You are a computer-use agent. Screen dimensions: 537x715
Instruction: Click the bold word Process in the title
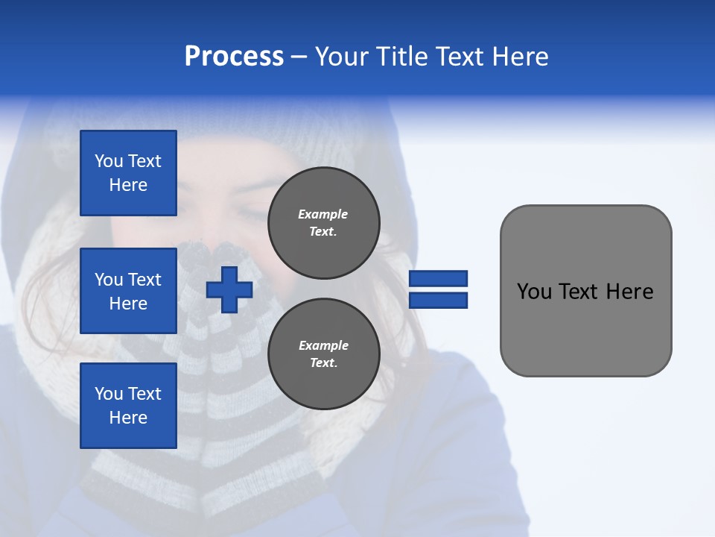pyautogui.click(x=234, y=57)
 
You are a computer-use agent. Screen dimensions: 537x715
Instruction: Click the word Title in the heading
pyautogui.click(x=404, y=57)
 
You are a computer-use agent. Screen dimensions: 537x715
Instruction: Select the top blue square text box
pyautogui.click(x=128, y=173)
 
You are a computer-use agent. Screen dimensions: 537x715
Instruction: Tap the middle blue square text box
pyautogui.click(x=128, y=291)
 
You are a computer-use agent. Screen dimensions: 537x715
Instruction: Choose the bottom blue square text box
pyautogui.click(x=128, y=406)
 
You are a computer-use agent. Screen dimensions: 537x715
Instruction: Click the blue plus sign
pyautogui.click(x=229, y=289)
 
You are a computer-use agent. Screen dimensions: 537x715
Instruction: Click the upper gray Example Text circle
pyautogui.click(x=323, y=223)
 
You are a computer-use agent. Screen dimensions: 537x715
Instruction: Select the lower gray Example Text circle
pyautogui.click(x=323, y=354)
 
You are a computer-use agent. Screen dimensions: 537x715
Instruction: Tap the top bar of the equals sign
pyautogui.click(x=439, y=279)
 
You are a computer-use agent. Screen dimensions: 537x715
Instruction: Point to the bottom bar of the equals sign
pyautogui.click(x=439, y=301)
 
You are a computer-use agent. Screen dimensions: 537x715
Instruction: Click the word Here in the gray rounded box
pyautogui.click(x=629, y=292)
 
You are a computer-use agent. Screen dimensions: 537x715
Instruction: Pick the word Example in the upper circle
pyautogui.click(x=323, y=214)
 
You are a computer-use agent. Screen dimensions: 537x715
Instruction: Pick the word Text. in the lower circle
pyautogui.click(x=323, y=363)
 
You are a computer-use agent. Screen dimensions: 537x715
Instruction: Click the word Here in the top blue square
pyautogui.click(x=128, y=185)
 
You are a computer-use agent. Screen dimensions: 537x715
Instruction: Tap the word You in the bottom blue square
pyautogui.click(x=109, y=394)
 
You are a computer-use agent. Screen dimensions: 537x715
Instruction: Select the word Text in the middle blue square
pyautogui.click(x=144, y=280)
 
